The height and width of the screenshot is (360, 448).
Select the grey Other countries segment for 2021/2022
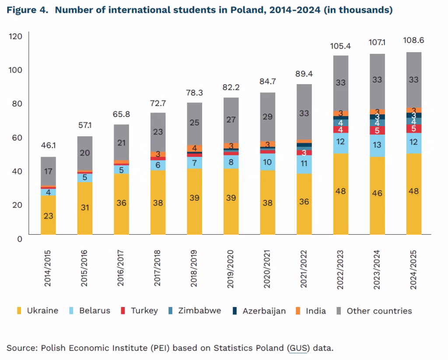[x=304, y=112]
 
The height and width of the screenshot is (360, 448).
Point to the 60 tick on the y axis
[x=17, y=137]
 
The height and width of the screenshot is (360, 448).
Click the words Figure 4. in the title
[x=26, y=10]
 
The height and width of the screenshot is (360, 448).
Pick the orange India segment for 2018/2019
[x=194, y=148]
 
